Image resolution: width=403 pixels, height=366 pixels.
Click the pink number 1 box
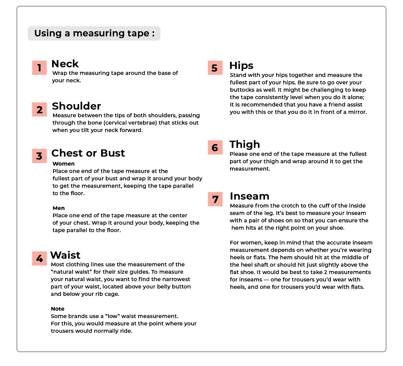pyautogui.click(x=39, y=68)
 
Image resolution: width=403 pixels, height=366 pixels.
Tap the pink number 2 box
pyautogui.click(x=39, y=109)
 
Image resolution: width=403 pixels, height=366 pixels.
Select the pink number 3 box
pyautogui.click(x=39, y=156)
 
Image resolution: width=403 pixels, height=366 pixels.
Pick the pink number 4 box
pyautogui.click(x=39, y=259)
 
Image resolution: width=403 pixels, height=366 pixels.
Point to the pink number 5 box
pyautogui.click(x=215, y=68)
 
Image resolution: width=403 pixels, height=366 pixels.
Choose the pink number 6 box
pyautogui.click(x=215, y=147)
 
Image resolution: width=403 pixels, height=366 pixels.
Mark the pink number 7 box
pyautogui.click(x=215, y=199)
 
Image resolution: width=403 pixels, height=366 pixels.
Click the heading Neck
pyautogui.click(x=65, y=64)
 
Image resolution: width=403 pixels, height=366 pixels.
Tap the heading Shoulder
pyautogui.click(x=76, y=106)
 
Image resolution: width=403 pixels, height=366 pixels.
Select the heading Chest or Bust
pyautogui.click(x=88, y=153)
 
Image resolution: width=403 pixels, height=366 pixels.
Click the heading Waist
pyautogui.click(x=65, y=255)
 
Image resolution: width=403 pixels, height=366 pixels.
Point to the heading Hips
pyautogui.click(x=241, y=66)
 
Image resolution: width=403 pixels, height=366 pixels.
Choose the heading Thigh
pyautogui.click(x=245, y=145)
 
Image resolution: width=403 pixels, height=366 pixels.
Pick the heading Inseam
pyautogui.click(x=250, y=196)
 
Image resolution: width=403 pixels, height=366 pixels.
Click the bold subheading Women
pyautogui.click(x=63, y=164)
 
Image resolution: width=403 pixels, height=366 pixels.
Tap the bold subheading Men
pyautogui.click(x=59, y=208)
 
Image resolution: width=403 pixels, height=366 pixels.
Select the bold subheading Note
pyautogui.click(x=58, y=309)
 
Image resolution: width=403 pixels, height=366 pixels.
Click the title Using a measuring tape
pyautogui.click(x=94, y=33)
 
